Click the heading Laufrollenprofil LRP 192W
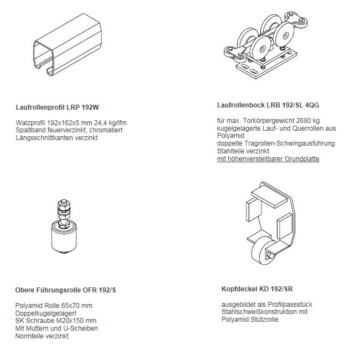(x=57, y=107)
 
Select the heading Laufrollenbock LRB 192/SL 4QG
(x=268, y=105)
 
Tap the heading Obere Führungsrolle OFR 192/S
(x=65, y=290)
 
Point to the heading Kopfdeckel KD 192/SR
(x=257, y=289)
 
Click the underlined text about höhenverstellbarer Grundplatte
(x=268, y=159)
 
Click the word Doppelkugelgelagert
(x=45, y=313)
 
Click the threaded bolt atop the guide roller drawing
(x=64, y=212)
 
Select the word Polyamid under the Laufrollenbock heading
(x=230, y=136)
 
